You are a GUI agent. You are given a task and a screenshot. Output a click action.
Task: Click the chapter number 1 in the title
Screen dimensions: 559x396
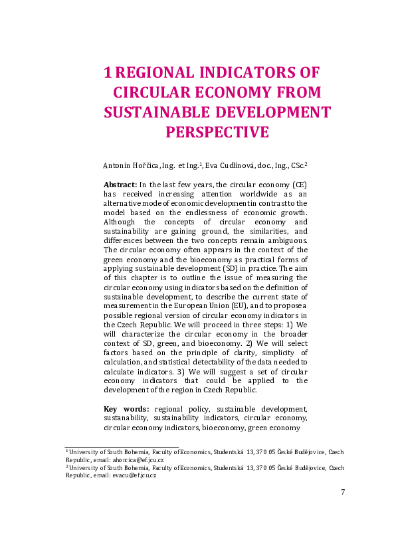click(110, 72)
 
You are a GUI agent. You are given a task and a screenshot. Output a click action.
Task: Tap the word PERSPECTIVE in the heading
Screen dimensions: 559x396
click(217, 132)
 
